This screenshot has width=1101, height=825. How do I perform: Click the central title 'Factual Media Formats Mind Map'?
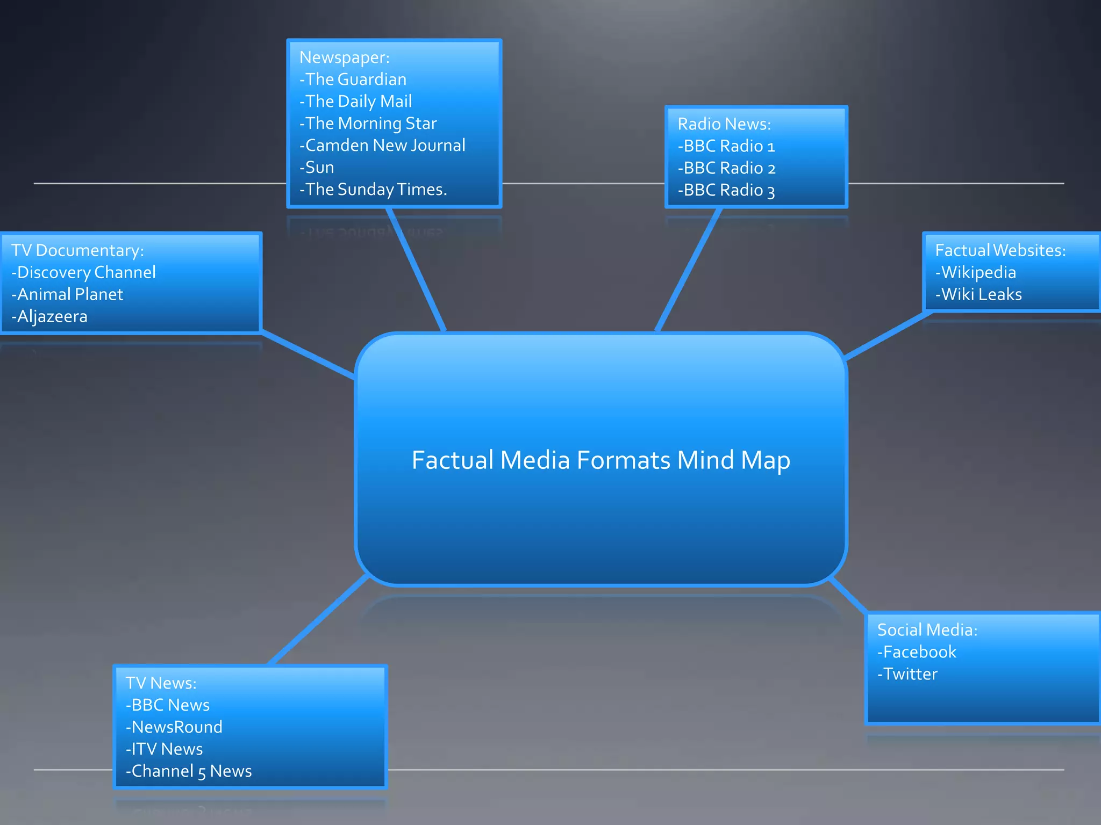coord(600,460)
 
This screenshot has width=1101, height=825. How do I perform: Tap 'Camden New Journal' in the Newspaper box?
coord(382,146)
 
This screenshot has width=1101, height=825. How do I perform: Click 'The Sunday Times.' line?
coord(373,190)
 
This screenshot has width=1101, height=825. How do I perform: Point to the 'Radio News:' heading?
coord(724,124)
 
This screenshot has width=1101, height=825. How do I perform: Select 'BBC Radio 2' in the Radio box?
coord(726,168)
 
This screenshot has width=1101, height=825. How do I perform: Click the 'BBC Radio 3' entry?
coord(726,190)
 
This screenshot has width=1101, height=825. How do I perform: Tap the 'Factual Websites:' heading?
coord(1000,250)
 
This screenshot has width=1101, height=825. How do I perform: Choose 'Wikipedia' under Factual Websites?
coord(976,272)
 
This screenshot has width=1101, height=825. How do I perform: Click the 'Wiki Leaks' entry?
coord(978,294)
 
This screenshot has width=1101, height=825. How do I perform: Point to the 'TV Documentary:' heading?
coord(78,250)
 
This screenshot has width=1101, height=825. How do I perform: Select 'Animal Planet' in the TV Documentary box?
coord(68,294)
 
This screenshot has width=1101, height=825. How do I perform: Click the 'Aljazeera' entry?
coord(50,316)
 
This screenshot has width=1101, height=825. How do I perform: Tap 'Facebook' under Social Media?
coord(917,652)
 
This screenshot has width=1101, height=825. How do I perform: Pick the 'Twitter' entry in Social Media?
coord(907,674)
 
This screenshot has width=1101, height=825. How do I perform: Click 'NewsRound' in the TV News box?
coord(174,727)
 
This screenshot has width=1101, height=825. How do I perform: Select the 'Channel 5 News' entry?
coord(189,771)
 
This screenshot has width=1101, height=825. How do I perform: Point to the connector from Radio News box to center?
coord(688,270)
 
